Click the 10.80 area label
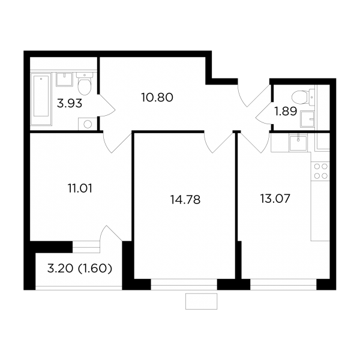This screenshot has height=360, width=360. coord(157,98)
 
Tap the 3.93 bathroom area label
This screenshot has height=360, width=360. coord(70,104)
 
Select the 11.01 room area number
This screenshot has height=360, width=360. coord(80,188)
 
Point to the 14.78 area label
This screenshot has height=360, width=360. coord(185,200)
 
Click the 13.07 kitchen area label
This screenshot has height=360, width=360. coord(275,199)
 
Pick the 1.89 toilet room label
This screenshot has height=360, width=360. coord(286,112)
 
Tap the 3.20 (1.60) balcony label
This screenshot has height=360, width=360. coord(80,269)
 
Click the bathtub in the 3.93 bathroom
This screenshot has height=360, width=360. coord(41,99)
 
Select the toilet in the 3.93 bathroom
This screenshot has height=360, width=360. coord(85,83)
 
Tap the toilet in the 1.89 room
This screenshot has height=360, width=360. coord(303,97)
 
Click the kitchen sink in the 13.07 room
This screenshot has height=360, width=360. coord(298,143)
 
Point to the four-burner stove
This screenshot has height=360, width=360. coord(320,171)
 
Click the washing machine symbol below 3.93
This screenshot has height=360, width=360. coord(88,124)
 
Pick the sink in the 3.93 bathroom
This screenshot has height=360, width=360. coord(65,79)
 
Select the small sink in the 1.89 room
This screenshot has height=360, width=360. coord(307,119)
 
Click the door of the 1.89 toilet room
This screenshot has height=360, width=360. coord(264,104)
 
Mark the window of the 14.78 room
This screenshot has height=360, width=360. coord(184,284)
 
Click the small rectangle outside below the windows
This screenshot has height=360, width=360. coord(202,301)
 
